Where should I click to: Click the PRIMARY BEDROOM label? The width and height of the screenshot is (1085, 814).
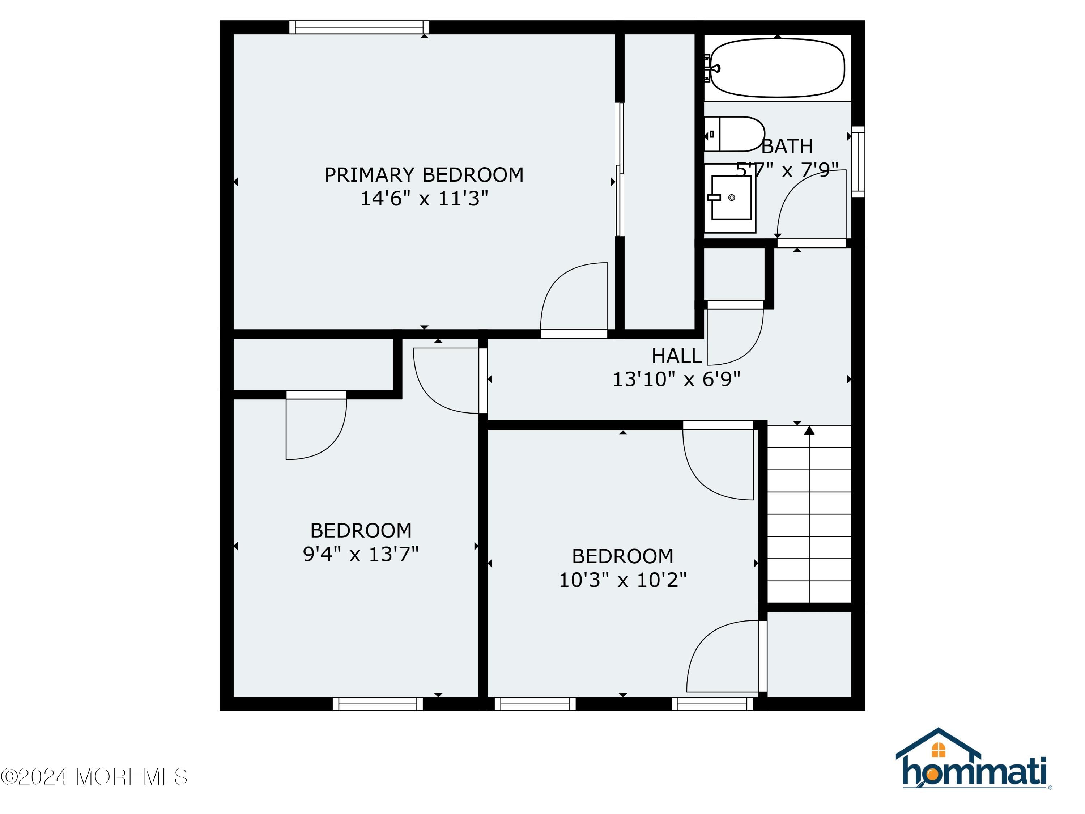coord(424,175)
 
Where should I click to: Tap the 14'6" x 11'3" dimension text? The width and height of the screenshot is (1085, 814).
coord(424,199)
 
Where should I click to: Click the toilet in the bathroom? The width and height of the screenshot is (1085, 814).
coord(734,134)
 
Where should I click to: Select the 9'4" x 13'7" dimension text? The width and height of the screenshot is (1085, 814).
coord(361,554)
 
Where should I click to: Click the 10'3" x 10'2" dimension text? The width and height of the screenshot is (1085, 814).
coord(622,580)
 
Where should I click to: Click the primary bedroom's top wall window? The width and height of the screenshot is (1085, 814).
coord(359,27)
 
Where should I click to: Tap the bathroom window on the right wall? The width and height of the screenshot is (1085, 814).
coord(858,161)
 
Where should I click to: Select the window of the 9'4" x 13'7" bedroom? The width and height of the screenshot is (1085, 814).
coord(378,704)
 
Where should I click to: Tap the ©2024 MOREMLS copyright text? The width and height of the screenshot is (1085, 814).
coord(94,777)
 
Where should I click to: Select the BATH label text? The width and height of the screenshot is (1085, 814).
coord(787,146)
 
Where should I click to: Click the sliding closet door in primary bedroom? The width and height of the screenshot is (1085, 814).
coord(620,169)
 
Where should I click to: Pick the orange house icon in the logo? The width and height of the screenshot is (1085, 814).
coord(938,750)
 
